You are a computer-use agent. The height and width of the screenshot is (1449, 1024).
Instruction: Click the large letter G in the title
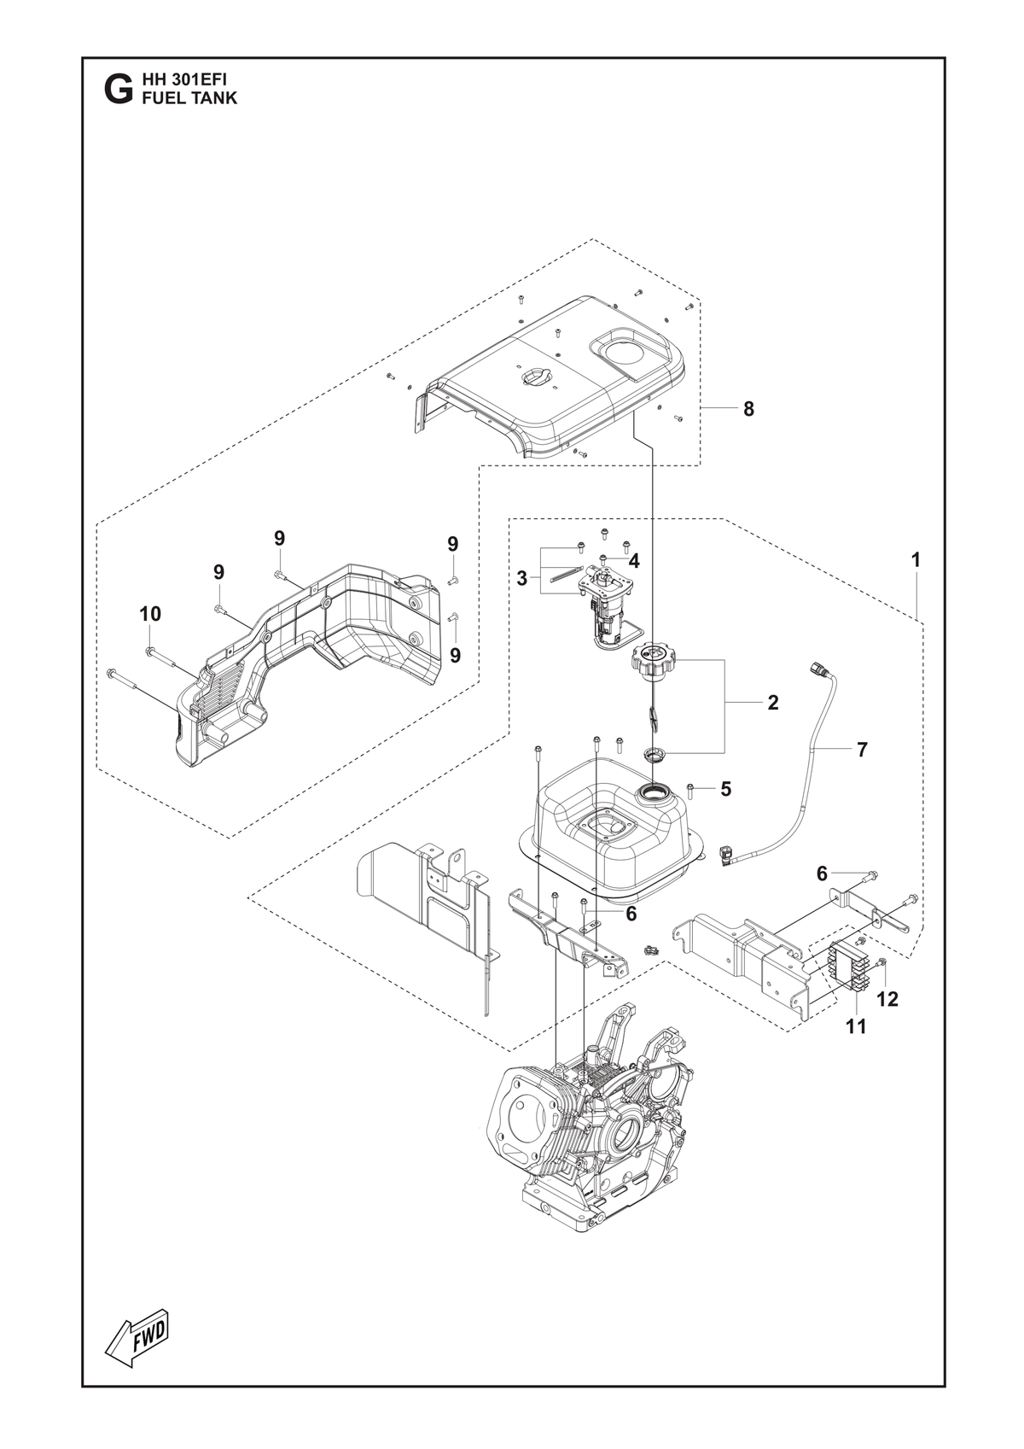116,90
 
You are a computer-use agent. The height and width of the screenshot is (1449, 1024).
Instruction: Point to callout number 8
748,409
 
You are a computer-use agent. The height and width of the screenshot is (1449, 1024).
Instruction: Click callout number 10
150,613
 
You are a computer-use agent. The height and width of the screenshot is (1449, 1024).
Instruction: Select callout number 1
916,559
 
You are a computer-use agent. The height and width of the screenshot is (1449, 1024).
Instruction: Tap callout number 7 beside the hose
862,750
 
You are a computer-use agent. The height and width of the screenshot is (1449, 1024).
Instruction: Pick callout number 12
887,999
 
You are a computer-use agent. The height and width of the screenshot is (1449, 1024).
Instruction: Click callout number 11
857,1026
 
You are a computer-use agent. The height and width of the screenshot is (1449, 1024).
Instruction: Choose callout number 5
725,789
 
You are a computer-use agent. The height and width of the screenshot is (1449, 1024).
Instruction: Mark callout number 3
521,579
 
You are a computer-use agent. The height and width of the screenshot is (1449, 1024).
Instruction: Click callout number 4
634,562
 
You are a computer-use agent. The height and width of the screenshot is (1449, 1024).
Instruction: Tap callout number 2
772,703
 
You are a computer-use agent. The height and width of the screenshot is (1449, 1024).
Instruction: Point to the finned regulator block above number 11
847,969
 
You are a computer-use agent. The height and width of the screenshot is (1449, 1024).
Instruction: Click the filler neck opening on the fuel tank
654,792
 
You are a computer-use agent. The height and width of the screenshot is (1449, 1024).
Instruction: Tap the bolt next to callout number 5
689,790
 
